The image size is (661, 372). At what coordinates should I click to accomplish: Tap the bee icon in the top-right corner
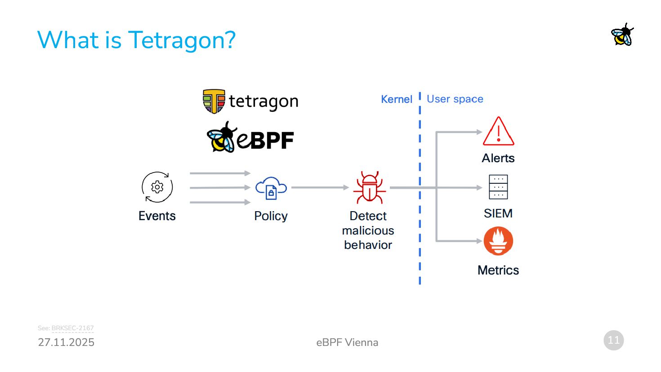tap(622, 35)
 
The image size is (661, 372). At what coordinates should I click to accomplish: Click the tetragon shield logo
tap(214, 101)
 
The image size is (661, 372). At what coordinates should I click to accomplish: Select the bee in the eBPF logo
tap(221, 137)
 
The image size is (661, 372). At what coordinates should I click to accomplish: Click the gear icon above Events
tap(157, 187)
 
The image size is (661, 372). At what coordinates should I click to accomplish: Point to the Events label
tap(157, 216)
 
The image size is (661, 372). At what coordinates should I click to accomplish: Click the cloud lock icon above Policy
tap(271, 188)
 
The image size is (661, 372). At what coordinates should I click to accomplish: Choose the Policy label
tap(271, 216)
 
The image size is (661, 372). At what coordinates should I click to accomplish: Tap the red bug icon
tap(369, 188)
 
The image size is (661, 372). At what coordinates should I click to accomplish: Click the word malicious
tap(368, 230)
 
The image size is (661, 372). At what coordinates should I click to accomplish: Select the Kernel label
tap(396, 99)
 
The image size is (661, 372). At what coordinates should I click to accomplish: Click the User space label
tap(455, 99)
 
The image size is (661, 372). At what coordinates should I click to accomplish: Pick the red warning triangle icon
tap(498, 131)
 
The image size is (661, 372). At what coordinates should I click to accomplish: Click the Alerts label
tap(498, 158)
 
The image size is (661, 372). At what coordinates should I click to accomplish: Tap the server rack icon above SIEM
tap(498, 187)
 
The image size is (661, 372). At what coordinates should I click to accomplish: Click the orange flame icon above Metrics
tap(498, 241)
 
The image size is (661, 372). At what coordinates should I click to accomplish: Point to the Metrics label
tap(498, 270)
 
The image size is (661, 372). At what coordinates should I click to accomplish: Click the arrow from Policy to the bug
tap(320, 187)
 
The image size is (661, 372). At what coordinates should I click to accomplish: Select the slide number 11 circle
tap(613, 340)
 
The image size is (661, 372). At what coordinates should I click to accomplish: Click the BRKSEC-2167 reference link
tap(72, 328)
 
